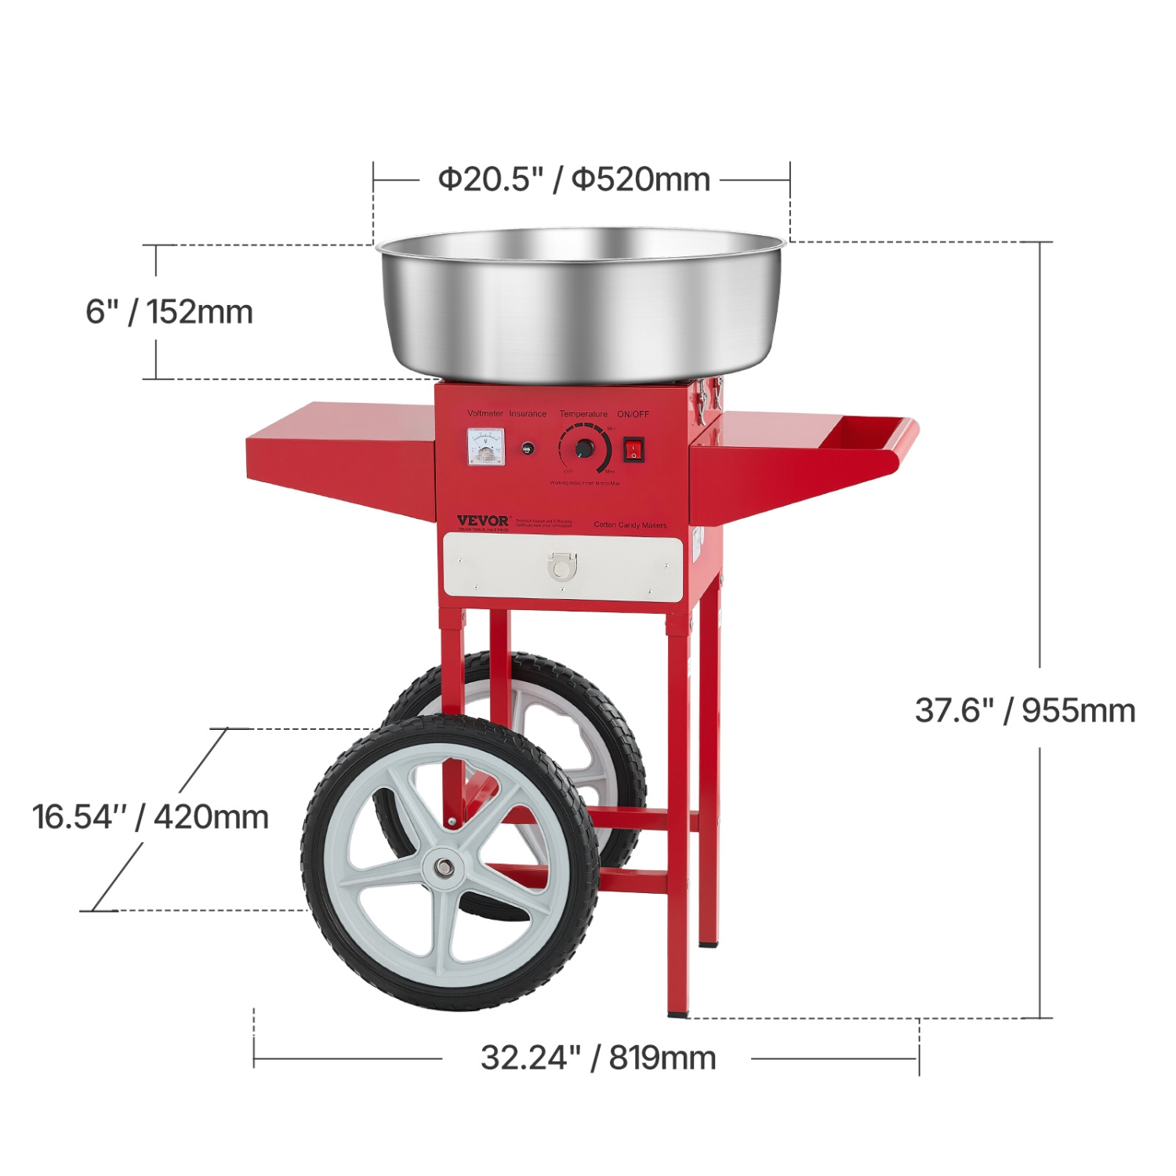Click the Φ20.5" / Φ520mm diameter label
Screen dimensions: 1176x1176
[574, 180]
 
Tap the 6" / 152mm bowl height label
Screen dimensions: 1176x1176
[169, 312]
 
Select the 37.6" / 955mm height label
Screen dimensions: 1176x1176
[1025, 710]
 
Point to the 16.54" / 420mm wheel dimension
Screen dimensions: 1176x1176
[151, 817]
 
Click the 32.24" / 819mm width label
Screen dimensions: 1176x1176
[598, 1058]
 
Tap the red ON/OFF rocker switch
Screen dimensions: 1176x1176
[633, 450]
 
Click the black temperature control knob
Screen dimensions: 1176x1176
[585, 448]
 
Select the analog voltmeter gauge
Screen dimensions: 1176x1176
[486, 447]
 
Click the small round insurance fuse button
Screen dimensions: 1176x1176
[528, 449]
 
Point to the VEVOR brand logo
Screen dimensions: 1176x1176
[483, 521]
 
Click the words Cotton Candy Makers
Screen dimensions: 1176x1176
[630, 524]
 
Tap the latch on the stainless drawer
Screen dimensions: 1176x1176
[561, 565]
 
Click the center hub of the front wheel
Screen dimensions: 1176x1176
[444, 867]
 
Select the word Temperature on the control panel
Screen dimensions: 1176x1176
[583, 414]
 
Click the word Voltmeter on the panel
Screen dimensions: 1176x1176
[485, 413]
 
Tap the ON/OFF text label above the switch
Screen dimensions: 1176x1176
[633, 414]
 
